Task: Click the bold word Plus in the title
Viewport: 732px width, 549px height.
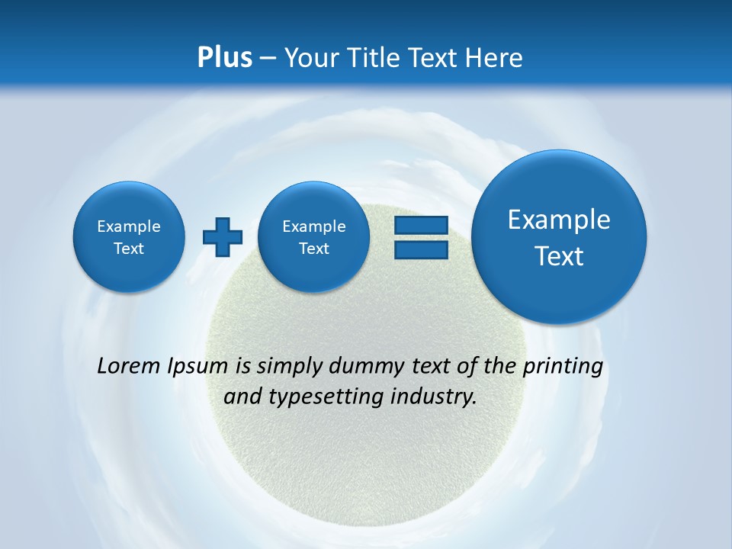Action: click(x=224, y=58)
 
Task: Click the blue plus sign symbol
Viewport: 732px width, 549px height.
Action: click(x=223, y=237)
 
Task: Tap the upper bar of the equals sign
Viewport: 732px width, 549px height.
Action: click(x=421, y=225)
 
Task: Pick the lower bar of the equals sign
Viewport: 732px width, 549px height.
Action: click(x=421, y=250)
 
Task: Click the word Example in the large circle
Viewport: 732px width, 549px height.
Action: click(x=559, y=220)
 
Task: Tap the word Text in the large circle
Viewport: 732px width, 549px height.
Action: click(x=559, y=256)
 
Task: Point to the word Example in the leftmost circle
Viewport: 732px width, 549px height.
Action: click(x=129, y=226)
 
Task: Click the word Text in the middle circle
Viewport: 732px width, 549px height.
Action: click(x=314, y=249)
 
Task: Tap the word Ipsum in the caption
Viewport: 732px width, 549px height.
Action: click(x=197, y=366)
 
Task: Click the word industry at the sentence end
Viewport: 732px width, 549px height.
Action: click(x=438, y=396)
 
